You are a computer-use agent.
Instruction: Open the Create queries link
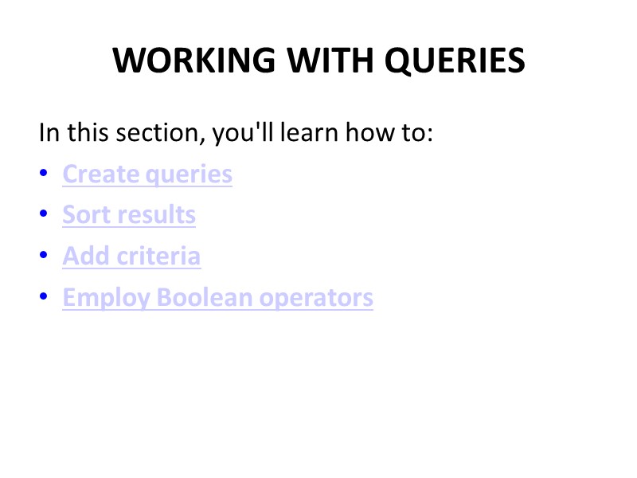pyautogui.click(x=147, y=174)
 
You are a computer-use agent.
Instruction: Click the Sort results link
pyautogui.click(x=129, y=215)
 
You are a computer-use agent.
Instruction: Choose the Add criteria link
pyautogui.click(x=131, y=257)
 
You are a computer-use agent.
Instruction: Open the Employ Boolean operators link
pyautogui.click(x=217, y=298)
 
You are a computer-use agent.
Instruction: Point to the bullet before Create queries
pyautogui.click(x=43, y=174)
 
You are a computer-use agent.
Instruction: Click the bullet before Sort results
pyautogui.click(x=43, y=215)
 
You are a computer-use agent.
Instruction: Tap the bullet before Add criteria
pyautogui.click(x=43, y=257)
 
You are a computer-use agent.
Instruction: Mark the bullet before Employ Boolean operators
pyautogui.click(x=43, y=298)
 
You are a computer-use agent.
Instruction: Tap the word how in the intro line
pyautogui.click(x=369, y=132)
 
